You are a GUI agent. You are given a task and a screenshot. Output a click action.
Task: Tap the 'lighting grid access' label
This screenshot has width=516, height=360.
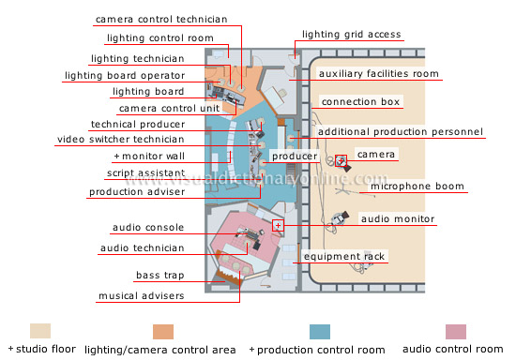click(352, 35)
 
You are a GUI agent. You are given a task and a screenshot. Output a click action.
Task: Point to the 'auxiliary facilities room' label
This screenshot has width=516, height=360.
click(378, 73)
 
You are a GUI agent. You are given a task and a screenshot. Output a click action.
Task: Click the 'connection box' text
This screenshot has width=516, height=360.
click(360, 101)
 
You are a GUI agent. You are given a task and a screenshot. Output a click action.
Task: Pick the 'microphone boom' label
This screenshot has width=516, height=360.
click(417, 187)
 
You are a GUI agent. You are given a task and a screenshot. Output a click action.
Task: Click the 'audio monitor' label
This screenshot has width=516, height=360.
click(398, 218)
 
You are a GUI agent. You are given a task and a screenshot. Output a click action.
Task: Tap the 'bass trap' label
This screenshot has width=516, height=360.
click(159, 277)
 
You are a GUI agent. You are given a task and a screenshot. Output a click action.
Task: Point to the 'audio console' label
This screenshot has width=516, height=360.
click(148, 227)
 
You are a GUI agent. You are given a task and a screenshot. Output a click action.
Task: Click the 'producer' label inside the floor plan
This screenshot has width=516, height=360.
click(293, 156)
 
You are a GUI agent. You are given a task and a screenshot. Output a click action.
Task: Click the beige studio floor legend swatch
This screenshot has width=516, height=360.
click(41, 331)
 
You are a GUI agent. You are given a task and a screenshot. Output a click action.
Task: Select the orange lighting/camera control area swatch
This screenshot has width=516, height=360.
click(164, 331)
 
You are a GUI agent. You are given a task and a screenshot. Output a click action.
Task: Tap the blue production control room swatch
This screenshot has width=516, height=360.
click(320, 331)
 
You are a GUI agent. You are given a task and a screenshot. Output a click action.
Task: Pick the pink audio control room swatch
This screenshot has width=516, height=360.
click(455, 331)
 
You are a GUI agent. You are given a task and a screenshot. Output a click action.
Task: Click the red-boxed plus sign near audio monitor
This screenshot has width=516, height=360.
click(278, 225)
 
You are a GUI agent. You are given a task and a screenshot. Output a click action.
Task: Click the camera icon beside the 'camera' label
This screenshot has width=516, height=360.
click(341, 159)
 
